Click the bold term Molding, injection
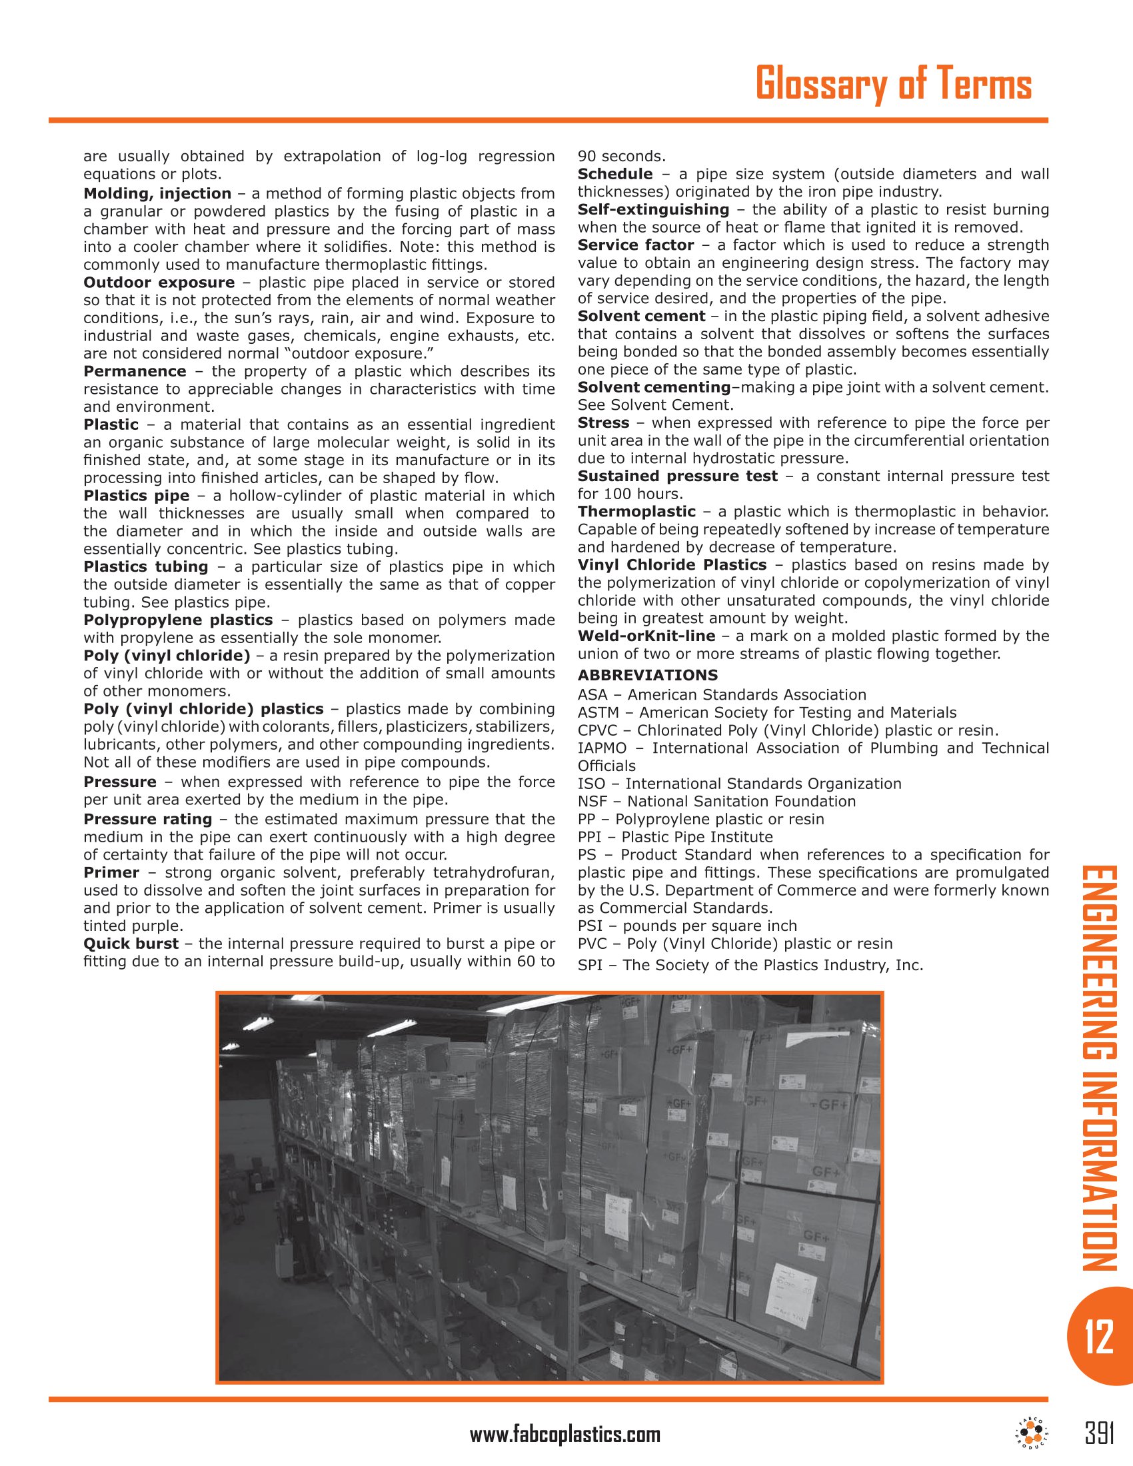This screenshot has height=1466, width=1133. click(x=157, y=194)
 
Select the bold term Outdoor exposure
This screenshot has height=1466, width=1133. click(x=159, y=283)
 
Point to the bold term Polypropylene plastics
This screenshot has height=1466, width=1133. click(x=178, y=620)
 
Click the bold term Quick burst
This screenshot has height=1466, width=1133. click(x=131, y=943)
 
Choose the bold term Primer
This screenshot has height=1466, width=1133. click(x=111, y=872)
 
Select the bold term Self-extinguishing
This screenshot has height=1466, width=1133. click(x=653, y=209)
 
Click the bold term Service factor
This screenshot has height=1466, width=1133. click(x=635, y=245)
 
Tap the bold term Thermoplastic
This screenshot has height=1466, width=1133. click(x=636, y=512)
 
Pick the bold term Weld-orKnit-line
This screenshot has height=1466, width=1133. click(x=646, y=636)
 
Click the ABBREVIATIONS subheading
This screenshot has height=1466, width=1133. click(x=647, y=675)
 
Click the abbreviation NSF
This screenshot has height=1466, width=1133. click(x=591, y=802)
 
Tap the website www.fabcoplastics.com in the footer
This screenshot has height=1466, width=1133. click(x=565, y=1435)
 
